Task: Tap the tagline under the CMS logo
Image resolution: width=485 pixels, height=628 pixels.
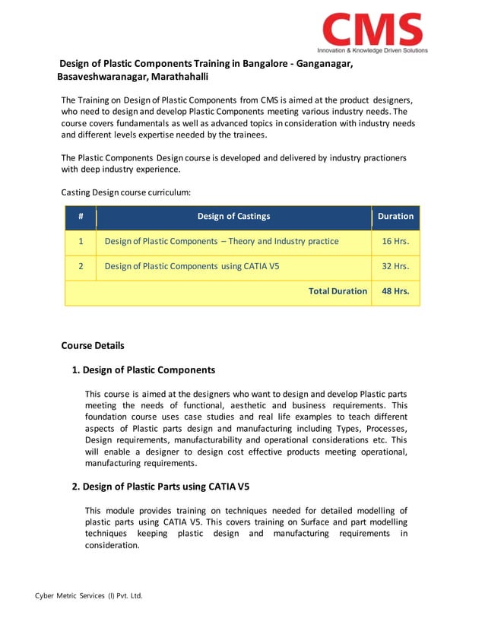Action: tap(372, 51)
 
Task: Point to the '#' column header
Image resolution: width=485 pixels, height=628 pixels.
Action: tap(81, 217)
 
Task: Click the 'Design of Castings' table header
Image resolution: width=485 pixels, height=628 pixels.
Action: tap(233, 217)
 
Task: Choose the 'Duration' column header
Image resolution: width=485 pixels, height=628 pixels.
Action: tap(395, 217)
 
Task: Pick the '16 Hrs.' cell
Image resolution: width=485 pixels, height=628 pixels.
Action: tap(395, 242)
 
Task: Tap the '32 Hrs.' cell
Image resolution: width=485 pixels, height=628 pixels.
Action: tap(395, 267)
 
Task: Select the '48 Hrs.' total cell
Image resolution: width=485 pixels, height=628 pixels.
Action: tap(395, 291)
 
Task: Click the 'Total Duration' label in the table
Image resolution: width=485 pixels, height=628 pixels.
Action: tap(338, 291)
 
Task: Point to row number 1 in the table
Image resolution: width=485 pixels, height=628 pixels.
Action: tap(81, 242)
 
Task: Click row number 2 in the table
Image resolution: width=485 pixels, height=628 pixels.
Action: tap(81, 267)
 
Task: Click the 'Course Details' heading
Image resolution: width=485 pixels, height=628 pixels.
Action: tap(92, 345)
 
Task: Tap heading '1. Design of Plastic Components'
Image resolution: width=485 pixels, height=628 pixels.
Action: tap(143, 370)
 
